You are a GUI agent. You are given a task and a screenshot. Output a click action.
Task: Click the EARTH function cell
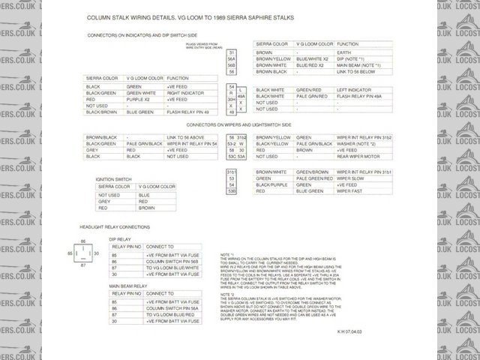[x=346, y=53]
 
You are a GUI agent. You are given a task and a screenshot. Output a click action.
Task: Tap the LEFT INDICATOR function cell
[x=357, y=90]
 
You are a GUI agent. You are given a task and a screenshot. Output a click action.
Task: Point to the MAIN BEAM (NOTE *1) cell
[x=358, y=65]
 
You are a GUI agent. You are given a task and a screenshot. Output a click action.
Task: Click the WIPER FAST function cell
[x=350, y=191]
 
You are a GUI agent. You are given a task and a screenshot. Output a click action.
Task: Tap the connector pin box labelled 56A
[x=231, y=59]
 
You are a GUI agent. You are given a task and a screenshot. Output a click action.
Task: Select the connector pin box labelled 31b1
[x=231, y=172]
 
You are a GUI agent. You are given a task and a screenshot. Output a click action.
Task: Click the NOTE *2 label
[x=226, y=295]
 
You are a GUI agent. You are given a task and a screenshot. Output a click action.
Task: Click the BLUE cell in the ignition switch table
[x=144, y=195]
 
